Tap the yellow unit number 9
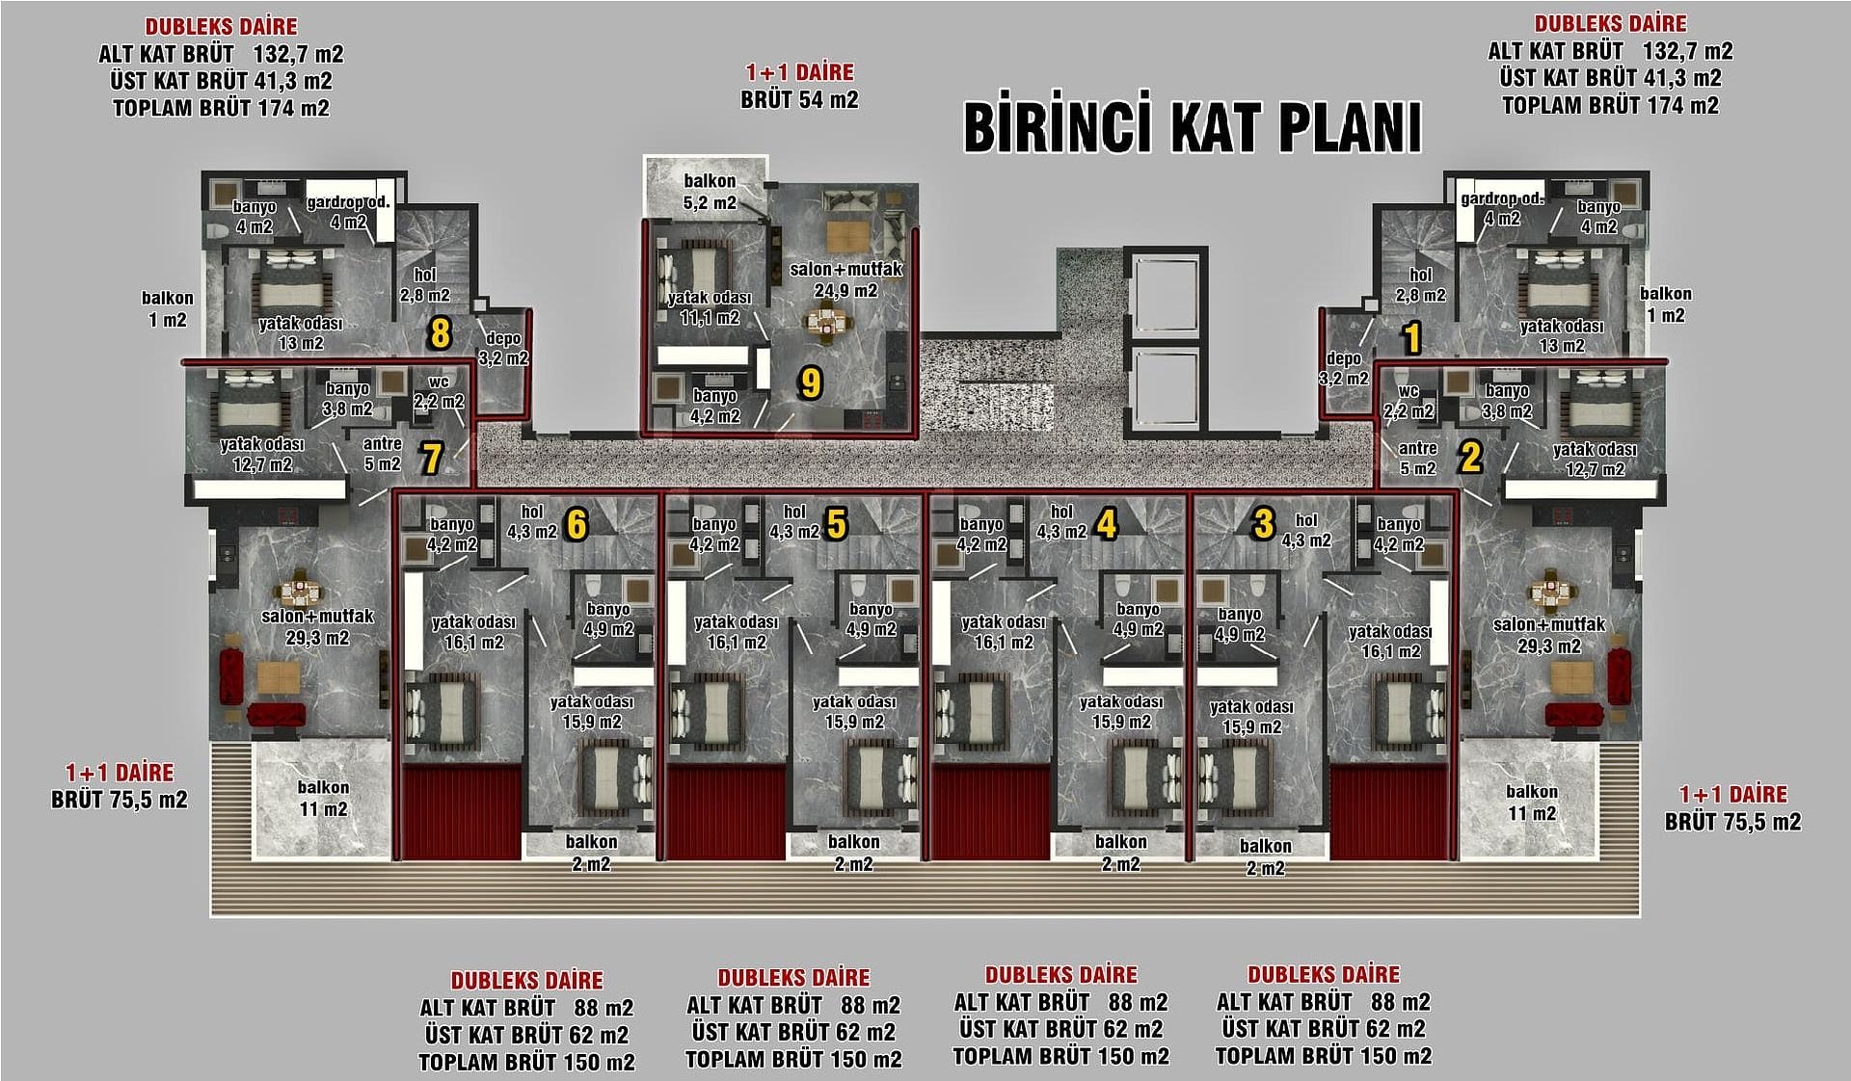(x=811, y=383)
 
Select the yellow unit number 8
(x=440, y=334)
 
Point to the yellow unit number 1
(x=1411, y=338)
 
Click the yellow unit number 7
(x=431, y=459)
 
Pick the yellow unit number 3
(x=1263, y=524)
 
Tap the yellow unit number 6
(x=577, y=525)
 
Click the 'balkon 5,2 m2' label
(x=710, y=192)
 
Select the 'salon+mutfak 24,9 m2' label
(x=845, y=279)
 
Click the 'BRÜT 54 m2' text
(x=799, y=100)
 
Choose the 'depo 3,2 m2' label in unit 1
(x=1343, y=368)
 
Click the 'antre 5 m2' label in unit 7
(x=382, y=454)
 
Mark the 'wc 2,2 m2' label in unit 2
(x=1408, y=402)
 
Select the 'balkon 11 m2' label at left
(x=323, y=799)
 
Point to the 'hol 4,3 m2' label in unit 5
(x=794, y=522)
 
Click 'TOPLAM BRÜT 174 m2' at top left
(x=221, y=108)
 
